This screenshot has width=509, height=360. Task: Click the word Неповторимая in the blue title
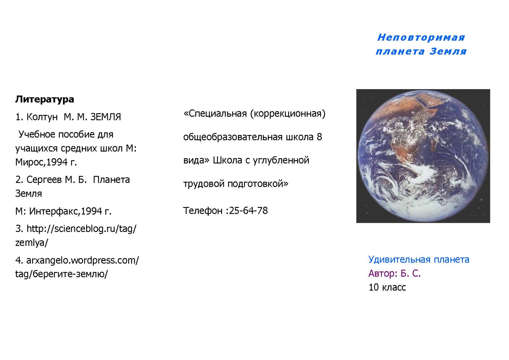point(421,37)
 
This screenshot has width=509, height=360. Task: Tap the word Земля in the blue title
point(448,51)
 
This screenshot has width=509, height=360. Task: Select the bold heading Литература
point(45,99)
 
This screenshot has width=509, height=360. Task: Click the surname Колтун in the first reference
point(42,117)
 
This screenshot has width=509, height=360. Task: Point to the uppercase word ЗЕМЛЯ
point(106,117)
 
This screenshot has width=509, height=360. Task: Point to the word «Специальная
point(215,114)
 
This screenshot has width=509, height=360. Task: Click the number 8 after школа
point(319,137)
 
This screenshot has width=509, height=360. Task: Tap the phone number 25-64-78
point(248,211)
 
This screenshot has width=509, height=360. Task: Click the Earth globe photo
point(423,156)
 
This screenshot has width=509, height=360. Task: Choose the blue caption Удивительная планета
point(419,259)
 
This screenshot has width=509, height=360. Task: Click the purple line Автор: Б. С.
point(394,273)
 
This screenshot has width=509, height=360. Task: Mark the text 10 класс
point(387,287)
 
